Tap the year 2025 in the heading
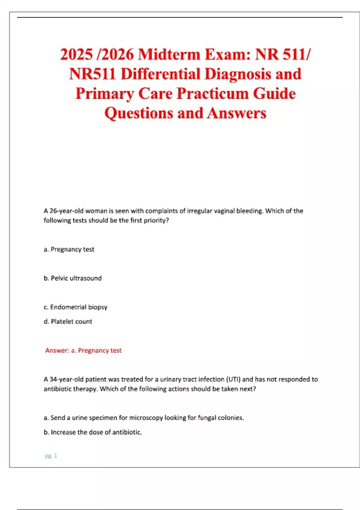coord(76,55)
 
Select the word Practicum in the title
coord(213,94)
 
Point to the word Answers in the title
coord(236,113)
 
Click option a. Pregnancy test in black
coord(69,249)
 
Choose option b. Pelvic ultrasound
coord(73,278)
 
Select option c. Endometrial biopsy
coord(76,307)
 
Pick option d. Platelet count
coord(68,321)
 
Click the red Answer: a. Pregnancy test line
coord(83,350)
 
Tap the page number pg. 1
coord(51,456)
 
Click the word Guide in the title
coord(274,94)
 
